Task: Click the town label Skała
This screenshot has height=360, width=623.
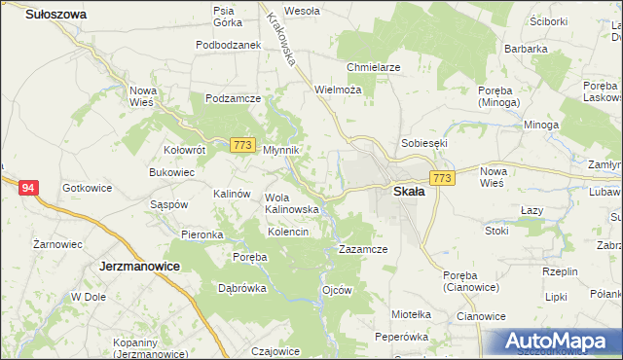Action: coord(409,192)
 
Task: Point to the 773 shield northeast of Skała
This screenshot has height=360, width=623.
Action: coord(442,178)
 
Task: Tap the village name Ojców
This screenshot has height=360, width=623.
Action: coord(337,290)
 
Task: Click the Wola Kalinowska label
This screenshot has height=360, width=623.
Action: coord(292,202)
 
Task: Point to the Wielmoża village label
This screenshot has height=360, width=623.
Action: coord(338,89)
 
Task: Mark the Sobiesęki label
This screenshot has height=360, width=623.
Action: coord(424,143)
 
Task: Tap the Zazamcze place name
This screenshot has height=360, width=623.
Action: coord(363,249)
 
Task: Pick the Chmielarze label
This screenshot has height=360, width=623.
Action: coord(374,67)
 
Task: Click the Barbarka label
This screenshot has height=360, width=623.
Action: coord(526,48)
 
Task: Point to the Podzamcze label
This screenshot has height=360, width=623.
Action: coord(233,98)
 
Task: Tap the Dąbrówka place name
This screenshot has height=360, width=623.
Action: coord(242,288)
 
